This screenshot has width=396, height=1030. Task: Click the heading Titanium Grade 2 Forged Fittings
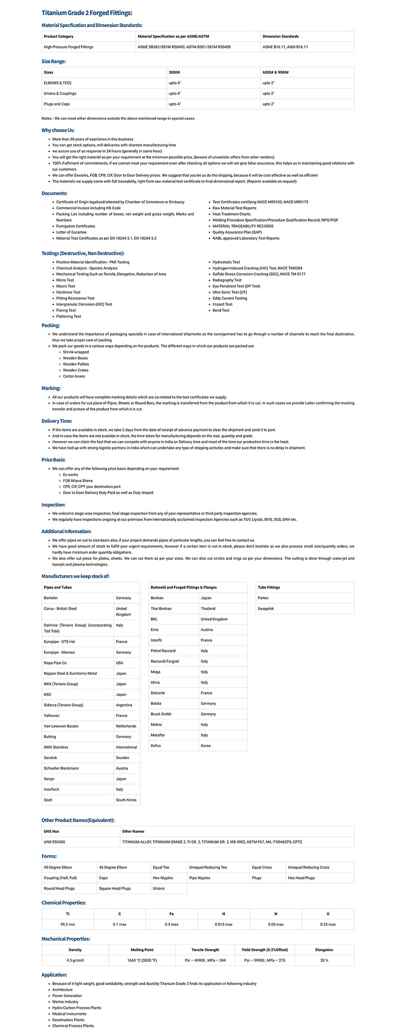[x=87, y=13]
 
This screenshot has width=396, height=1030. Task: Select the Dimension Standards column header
[x=280, y=36]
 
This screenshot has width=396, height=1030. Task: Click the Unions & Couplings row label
[x=60, y=93]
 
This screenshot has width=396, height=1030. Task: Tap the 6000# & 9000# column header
[x=275, y=72]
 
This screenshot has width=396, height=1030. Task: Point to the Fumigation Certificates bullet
[x=75, y=226]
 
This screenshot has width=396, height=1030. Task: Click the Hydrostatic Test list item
[x=226, y=262]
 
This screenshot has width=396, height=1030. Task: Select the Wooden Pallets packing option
[x=76, y=364]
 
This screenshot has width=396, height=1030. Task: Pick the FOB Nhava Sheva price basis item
[x=77, y=481]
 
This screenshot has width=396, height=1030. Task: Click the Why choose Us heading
[x=58, y=130]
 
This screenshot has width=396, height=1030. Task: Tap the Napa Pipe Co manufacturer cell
[x=55, y=663]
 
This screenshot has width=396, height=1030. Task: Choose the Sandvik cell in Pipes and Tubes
[x=50, y=757]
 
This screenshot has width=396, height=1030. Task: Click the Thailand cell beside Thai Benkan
[x=208, y=608]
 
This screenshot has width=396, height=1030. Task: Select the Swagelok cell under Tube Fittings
[x=266, y=608]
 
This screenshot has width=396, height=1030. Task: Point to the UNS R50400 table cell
[x=54, y=842]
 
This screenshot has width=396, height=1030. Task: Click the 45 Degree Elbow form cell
[x=113, y=867]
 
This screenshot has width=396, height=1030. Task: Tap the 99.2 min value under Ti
[x=68, y=924]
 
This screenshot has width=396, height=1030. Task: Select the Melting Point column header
[x=142, y=949]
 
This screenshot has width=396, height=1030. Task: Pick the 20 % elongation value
[x=324, y=960]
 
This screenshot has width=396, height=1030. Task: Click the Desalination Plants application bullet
[x=68, y=1020]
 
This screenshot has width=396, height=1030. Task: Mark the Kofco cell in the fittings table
[x=155, y=745]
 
